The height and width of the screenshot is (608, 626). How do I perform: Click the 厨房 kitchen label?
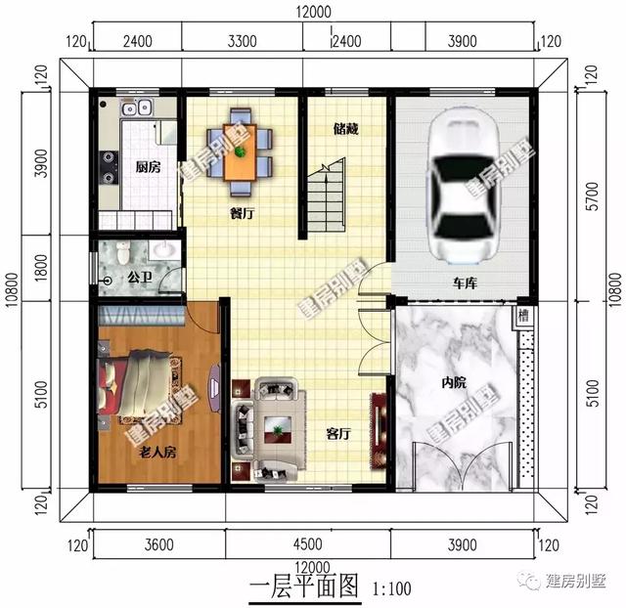(149, 165)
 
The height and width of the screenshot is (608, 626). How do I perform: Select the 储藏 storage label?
(344, 128)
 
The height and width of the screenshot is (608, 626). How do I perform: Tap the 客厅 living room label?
(337, 434)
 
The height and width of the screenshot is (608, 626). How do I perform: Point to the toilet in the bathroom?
(122, 253)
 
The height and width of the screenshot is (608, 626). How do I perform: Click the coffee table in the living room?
(281, 425)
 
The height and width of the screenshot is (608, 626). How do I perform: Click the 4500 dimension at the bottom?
(306, 544)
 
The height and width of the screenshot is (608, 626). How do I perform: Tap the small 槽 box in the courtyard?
(525, 316)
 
